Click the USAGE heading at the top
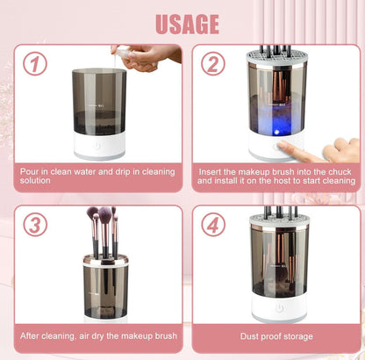click(x=188, y=24)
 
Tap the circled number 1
click(x=35, y=63)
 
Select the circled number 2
click(x=213, y=64)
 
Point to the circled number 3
click(x=35, y=225)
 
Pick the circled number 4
click(x=213, y=225)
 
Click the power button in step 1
click(x=97, y=146)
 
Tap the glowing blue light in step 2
click(x=276, y=133)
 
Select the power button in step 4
click(x=279, y=307)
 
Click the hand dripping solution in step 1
click(x=147, y=58)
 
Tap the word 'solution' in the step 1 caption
click(x=35, y=181)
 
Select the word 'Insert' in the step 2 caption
click(x=210, y=172)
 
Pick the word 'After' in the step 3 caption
click(x=29, y=335)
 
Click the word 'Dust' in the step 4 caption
click(x=248, y=336)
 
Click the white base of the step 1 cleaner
click(x=99, y=145)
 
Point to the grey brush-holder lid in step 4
click(x=280, y=220)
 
